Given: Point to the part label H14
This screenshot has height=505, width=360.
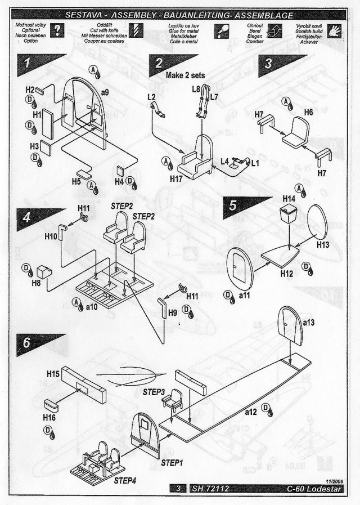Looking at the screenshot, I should click(x=289, y=199).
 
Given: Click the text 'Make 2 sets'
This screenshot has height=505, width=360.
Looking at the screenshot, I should click(x=186, y=75).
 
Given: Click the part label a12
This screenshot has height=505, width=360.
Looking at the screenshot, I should click(x=251, y=413).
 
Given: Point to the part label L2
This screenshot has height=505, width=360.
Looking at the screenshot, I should click(x=152, y=97).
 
